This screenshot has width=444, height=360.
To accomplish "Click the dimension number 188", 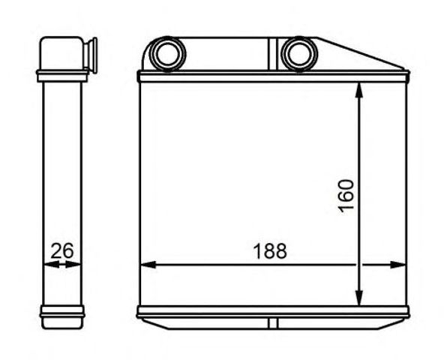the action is (270, 251).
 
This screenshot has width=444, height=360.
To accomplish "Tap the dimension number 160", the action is (346, 196).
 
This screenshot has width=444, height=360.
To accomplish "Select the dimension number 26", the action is (62, 250).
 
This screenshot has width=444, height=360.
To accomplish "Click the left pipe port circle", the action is (167, 54).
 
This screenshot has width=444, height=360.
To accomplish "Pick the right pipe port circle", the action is (300, 54).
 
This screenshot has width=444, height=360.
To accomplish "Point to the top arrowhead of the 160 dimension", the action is (359, 90).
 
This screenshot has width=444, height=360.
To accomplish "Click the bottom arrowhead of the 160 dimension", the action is (359, 298).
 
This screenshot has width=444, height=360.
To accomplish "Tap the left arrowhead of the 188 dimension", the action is (148, 265).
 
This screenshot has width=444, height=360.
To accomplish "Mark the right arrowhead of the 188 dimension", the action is (397, 265).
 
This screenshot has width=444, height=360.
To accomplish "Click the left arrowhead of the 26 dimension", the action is (52, 265).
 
